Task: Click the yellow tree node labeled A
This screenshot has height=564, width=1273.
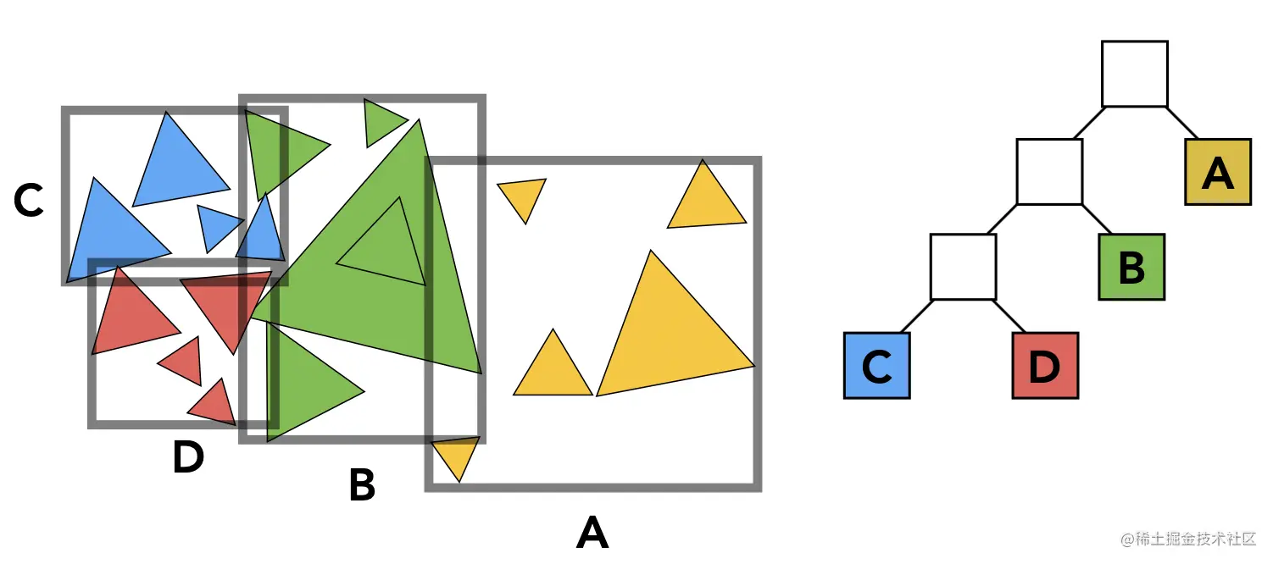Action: pyautogui.click(x=1217, y=172)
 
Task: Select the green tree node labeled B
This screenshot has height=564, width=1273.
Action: pyautogui.click(x=1131, y=267)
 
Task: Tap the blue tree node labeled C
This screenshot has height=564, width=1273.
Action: pyautogui.click(x=876, y=365)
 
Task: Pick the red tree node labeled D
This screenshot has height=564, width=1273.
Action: pyautogui.click(x=1045, y=365)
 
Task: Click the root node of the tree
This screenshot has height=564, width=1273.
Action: pyautogui.click(x=1134, y=74)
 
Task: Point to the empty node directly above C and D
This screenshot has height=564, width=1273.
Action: pyautogui.click(x=963, y=267)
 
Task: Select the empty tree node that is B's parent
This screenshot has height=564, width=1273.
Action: pyautogui.click(x=1049, y=172)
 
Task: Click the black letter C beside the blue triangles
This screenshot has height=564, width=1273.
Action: pyautogui.click(x=29, y=202)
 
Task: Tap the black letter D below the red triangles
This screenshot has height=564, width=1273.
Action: pyautogui.click(x=188, y=458)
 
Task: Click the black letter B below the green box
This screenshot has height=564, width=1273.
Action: pyautogui.click(x=362, y=486)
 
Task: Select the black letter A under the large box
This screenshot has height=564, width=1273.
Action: pyautogui.click(x=592, y=533)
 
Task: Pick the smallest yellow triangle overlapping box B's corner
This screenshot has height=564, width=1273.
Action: pyautogui.click(x=457, y=456)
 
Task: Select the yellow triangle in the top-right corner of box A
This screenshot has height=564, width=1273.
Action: pyautogui.click(x=706, y=201)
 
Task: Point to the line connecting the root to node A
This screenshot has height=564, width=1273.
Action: pyautogui.click(x=1182, y=123)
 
